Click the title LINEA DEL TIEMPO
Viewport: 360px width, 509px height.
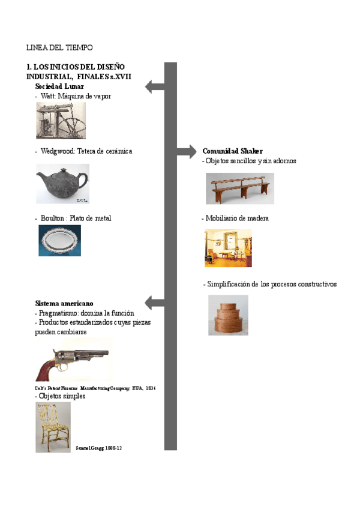tap(59, 47)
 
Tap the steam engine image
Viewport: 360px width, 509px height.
tap(61, 120)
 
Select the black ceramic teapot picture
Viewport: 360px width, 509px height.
tap(62, 184)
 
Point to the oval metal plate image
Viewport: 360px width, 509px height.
tap(59, 240)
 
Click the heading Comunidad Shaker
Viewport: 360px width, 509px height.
tap(232, 151)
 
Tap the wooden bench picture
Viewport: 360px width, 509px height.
tap(239, 188)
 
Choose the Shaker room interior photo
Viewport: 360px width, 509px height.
tap(228, 247)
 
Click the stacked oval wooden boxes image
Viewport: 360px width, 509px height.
tap(228, 315)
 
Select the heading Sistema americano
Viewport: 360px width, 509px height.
tap(64, 304)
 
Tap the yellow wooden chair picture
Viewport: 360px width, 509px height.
tap(53, 427)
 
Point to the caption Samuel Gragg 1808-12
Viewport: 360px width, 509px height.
tap(100, 448)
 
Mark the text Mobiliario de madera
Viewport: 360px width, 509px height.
tap(236, 218)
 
